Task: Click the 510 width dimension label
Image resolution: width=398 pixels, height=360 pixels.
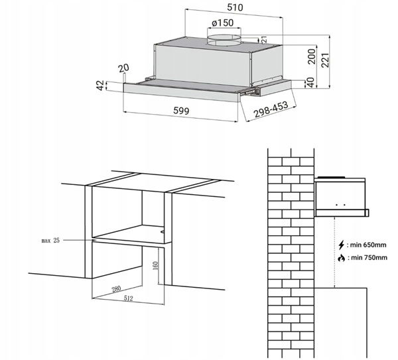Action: click(235, 7)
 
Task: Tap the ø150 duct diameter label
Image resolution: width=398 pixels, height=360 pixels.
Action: click(223, 23)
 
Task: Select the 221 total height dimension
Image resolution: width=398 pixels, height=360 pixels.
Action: click(325, 60)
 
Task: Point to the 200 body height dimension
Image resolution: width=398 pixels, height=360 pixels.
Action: click(312, 56)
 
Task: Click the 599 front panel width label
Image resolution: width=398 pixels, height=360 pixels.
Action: click(181, 111)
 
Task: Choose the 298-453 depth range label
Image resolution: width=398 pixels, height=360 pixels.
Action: click(271, 109)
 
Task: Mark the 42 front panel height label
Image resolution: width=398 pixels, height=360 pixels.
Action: click(101, 86)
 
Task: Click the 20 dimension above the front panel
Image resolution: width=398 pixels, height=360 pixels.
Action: click(123, 68)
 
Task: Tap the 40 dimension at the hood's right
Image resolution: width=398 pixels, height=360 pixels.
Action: click(310, 83)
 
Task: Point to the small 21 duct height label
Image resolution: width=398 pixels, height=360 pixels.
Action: click(264, 40)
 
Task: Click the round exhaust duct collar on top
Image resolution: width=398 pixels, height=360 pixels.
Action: click(224, 40)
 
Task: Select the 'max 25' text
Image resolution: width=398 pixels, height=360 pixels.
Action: click(50, 240)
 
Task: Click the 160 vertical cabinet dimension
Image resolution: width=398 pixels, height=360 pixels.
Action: click(156, 265)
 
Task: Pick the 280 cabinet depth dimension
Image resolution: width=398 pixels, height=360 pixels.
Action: click(116, 289)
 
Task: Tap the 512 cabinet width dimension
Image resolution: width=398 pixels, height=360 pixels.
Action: click(129, 298)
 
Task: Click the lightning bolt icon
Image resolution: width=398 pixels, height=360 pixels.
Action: click(342, 245)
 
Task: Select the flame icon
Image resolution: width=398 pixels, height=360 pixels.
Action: click(342, 258)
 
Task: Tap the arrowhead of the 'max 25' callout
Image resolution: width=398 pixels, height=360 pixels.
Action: click(94, 240)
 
